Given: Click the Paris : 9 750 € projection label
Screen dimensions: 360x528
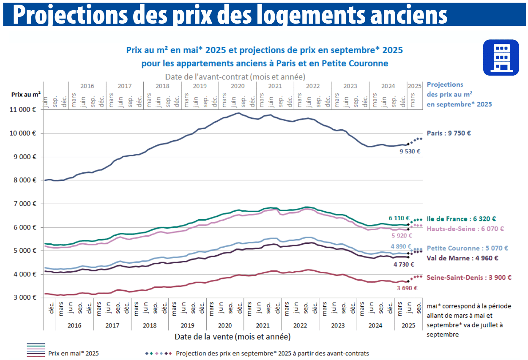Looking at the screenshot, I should coord(449,133).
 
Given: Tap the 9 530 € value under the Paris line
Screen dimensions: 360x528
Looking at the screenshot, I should coord(410,151).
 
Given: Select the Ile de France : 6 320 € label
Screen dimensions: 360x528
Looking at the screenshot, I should coord(461,219).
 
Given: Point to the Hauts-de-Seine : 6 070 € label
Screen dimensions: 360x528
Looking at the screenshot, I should coord(465,229).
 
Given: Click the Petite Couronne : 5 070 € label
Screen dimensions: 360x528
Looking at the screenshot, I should coord(467,248).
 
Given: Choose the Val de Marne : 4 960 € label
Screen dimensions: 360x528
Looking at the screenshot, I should coord(462,258).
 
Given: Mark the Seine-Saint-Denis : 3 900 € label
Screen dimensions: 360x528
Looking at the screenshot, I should coord(469,278).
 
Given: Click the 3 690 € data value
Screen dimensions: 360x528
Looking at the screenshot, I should coord(407,288).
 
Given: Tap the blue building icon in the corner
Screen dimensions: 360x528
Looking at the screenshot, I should coord(501,58).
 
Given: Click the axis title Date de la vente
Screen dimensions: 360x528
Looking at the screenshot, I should coord(232,337).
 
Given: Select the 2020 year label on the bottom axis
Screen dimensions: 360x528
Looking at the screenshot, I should coord(224,325).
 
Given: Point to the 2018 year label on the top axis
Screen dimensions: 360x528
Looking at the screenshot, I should coord(162,86).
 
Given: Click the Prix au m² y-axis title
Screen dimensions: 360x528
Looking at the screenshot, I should coord(26,95).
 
